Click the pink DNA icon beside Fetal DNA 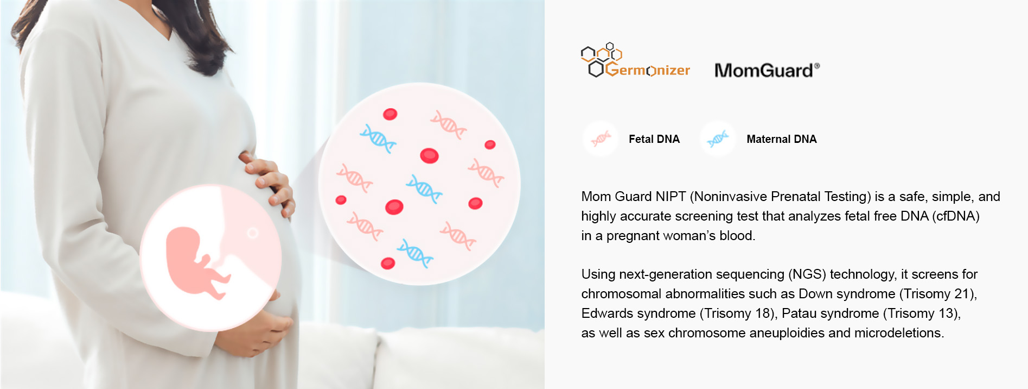[x=600, y=139]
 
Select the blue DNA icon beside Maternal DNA [x=717, y=139]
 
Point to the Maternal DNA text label [x=781, y=139]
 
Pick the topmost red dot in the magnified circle [x=390, y=114]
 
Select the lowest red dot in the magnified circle [x=388, y=263]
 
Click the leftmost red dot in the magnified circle [x=341, y=200]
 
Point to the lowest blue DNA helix [x=415, y=253]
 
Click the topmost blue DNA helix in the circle [x=378, y=139]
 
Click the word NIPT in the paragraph [x=672, y=197]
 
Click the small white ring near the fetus [x=252, y=233]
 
